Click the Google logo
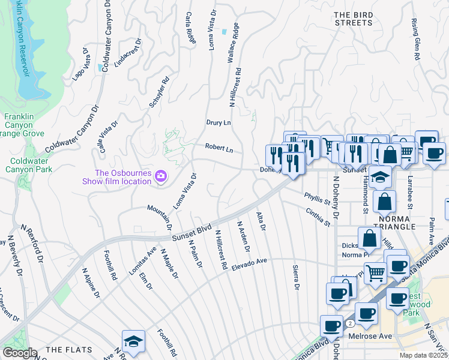20,353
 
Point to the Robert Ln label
218,148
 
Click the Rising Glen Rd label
415,38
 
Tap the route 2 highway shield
349,323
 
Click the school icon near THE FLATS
133,342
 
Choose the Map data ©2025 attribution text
424,355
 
